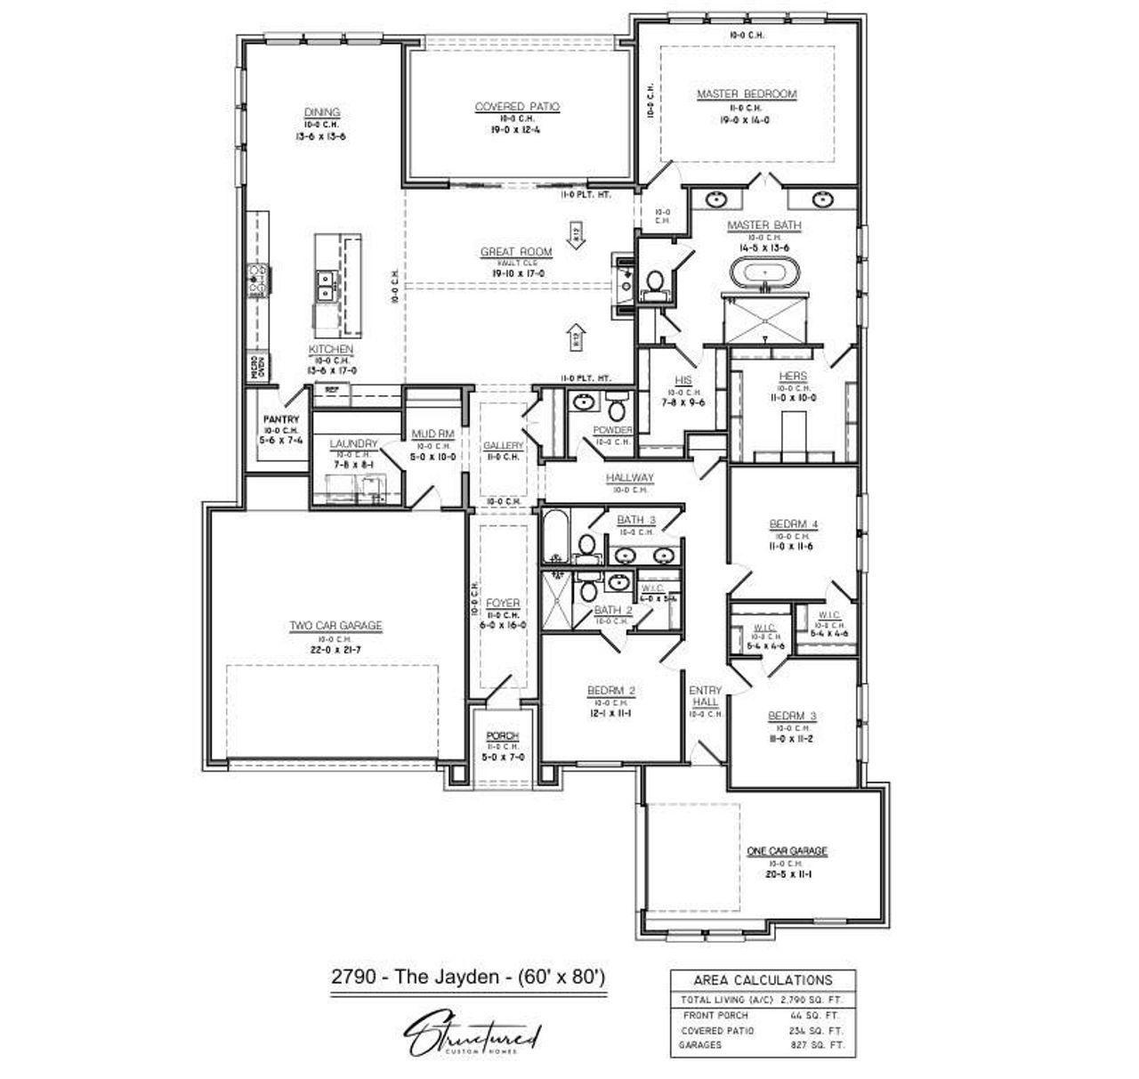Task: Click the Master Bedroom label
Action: click(747, 94)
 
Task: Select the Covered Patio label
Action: click(517, 107)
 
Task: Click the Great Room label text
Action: click(516, 253)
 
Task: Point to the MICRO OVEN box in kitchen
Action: click(258, 369)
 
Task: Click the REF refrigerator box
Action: click(331, 390)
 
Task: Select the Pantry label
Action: click(280, 419)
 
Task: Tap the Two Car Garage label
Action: click(335, 626)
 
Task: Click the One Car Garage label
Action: click(787, 851)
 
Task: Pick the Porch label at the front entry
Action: click(502, 736)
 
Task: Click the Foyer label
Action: click(503, 604)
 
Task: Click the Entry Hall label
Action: click(706, 696)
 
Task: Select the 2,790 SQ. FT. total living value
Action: click(811, 1000)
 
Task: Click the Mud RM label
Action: click(433, 434)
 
